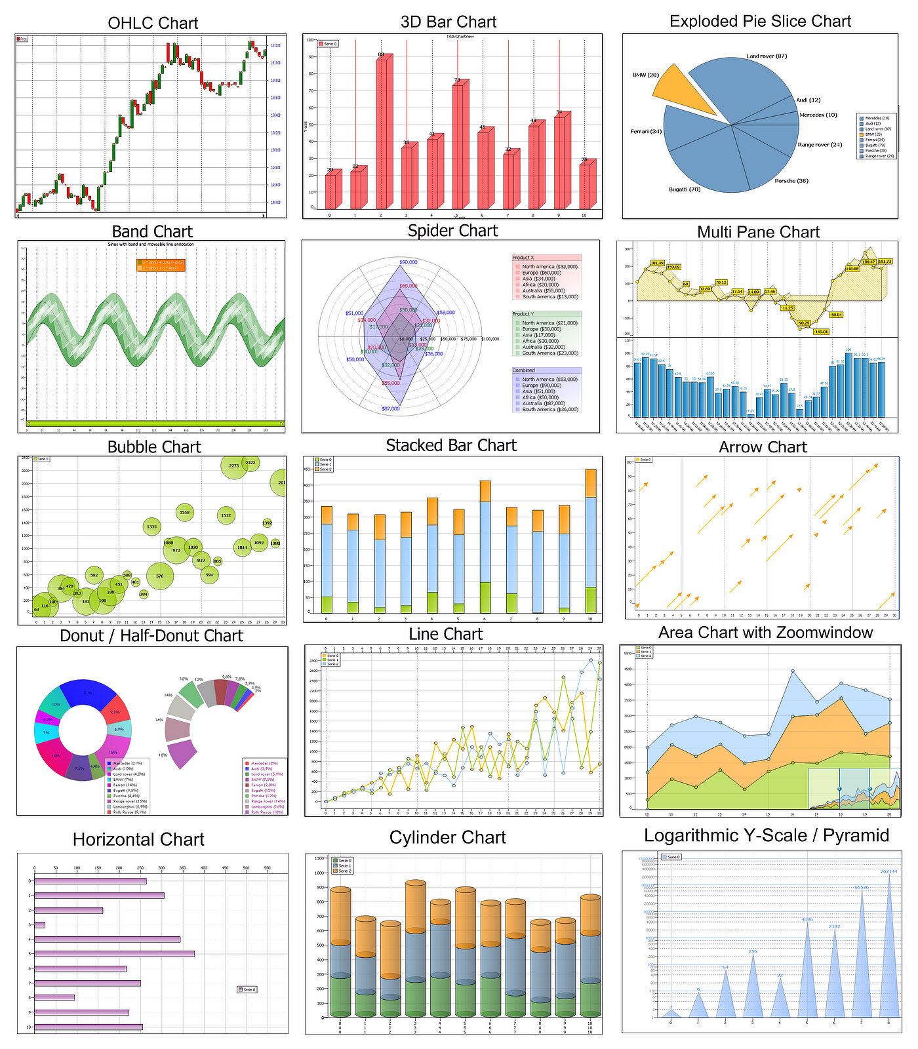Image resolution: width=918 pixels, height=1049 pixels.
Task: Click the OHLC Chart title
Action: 153,24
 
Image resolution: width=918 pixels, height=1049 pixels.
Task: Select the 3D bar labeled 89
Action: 382,131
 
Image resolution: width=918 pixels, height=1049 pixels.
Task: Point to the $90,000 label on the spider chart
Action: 408,262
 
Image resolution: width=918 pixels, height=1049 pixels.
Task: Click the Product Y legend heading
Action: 523,314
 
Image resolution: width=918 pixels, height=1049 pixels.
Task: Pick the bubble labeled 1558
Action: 185,513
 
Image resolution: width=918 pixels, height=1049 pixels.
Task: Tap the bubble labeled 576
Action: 160,576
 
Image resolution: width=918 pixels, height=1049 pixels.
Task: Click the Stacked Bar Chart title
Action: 451,446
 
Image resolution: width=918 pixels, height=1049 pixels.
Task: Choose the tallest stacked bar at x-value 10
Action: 591,541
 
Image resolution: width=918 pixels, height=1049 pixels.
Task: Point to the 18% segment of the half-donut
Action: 182,755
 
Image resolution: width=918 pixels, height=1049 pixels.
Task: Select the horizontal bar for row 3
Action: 40,925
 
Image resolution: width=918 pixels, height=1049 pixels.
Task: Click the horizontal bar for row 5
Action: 114,954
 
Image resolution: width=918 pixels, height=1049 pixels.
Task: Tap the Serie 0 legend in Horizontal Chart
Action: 247,989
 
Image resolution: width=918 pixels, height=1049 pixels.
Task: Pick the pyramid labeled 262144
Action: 889,951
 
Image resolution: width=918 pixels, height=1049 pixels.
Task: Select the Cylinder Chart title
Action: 447,838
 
